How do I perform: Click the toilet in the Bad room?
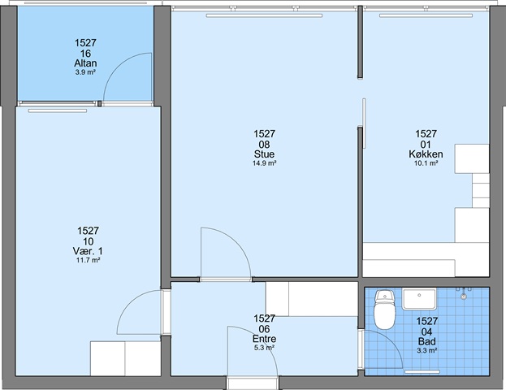tap(384, 310)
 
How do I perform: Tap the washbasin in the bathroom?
tap(419, 299)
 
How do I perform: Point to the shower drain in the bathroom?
tap(464, 297)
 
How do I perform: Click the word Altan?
tap(85, 63)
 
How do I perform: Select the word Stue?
tap(264, 154)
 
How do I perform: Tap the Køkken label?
tap(426, 154)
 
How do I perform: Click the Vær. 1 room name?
tap(88, 251)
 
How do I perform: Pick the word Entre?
tap(264, 339)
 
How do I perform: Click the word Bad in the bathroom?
tap(427, 341)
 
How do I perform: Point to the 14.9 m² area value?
tap(264, 163)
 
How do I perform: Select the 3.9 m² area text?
tap(85, 72)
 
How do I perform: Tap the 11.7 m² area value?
tap(88, 260)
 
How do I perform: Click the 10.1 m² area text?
tap(426, 163)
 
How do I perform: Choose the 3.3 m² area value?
tap(427, 351)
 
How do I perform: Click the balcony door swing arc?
tap(117, 67)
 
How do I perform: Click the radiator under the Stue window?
tap(264, 15)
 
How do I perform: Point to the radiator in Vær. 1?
tap(58, 110)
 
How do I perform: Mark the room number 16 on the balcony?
tap(85, 53)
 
